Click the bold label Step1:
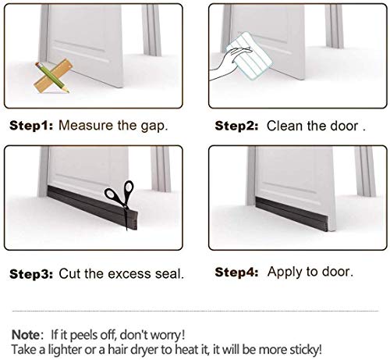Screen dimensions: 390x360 (x=31, y=126)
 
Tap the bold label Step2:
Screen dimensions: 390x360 (x=236, y=126)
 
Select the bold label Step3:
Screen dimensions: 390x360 (x=31, y=274)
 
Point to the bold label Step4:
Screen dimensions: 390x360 (x=236, y=273)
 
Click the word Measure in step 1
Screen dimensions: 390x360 (x=87, y=125)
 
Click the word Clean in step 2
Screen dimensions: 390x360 (x=285, y=126)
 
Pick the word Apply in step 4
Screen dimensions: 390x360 (x=285, y=273)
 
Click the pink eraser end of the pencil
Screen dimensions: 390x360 (x=37, y=65)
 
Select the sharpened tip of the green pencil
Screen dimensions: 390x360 (x=69, y=91)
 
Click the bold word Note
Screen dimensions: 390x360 (x=26, y=334)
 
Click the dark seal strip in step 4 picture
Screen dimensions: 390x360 (x=294, y=214)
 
